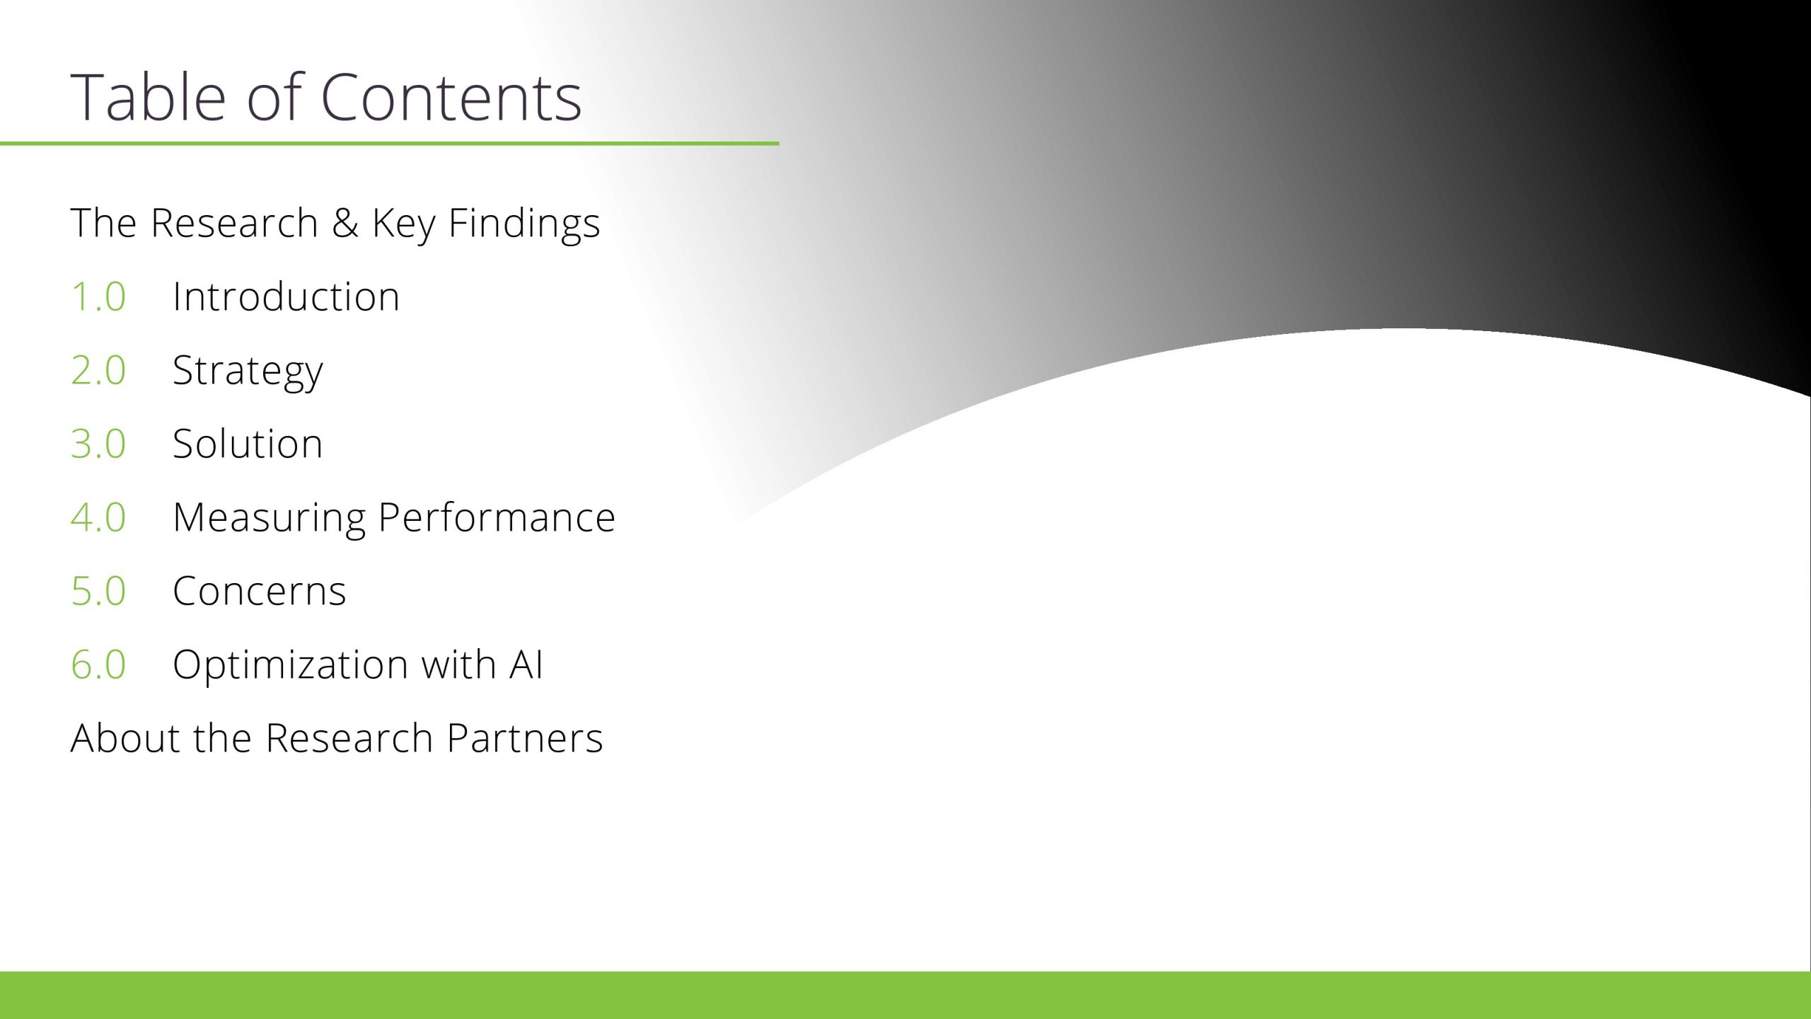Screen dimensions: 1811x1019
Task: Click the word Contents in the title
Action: [x=451, y=98]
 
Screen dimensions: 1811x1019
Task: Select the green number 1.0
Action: [x=98, y=297]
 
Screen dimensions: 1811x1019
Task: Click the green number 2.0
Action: [x=98, y=370]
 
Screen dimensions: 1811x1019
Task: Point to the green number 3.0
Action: [x=98, y=444]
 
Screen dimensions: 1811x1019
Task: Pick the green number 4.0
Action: [x=98, y=517]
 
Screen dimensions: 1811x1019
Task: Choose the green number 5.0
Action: [x=98, y=591]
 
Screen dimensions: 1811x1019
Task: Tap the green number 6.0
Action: [x=98, y=664]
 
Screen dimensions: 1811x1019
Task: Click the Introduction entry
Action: [x=287, y=296]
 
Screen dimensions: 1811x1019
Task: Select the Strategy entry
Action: [x=248, y=372]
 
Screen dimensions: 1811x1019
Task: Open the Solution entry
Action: [x=248, y=444]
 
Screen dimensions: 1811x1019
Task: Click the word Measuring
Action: [x=270, y=519]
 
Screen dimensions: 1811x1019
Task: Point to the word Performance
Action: [x=497, y=517]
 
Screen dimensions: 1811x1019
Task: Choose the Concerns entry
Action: [x=260, y=591]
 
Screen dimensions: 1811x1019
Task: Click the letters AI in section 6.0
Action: [x=526, y=664]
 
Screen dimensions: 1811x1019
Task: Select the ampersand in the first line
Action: [x=345, y=223]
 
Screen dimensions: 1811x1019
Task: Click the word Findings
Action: [x=524, y=224]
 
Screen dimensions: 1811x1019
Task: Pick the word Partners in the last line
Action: [x=525, y=738]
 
